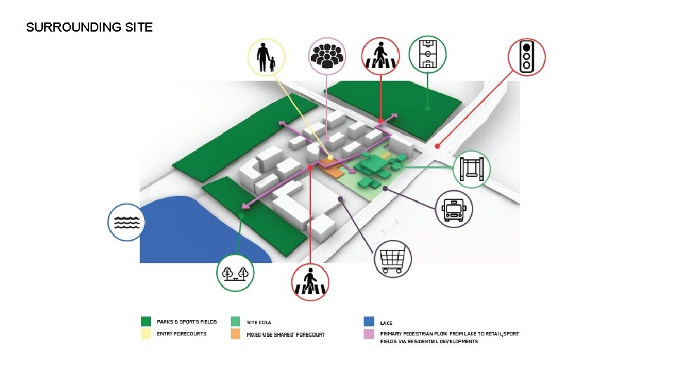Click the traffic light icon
pyautogui.click(x=526, y=57)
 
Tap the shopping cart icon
pyautogui.click(x=392, y=259)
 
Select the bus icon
pyautogui.click(x=454, y=209)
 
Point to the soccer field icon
pyautogui.click(x=428, y=54)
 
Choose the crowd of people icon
pyautogui.click(x=327, y=56)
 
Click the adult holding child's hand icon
pyautogui.click(x=265, y=58)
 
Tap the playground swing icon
pyautogui.click(x=472, y=169)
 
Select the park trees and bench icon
pyautogui.click(x=235, y=274)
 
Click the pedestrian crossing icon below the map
pyautogui.click(x=310, y=282)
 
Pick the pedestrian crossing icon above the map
pyautogui.click(x=380, y=55)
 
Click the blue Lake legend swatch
pyautogui.click(x=369, y=321)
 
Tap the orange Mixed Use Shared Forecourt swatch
pyautogui.click(x=236, y=334)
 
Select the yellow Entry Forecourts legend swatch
pyautogui.click(x=146, y=334)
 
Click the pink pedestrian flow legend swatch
pyautogui.click(x=369, y=334)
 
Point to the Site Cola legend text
pyautogui.click(x=259, y=322)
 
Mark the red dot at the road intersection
pyautogui.click(x=437, y=147)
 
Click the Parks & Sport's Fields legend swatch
pyautogui.click(x=146, y=321)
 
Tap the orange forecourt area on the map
pyautogui.click(x=331, y=168)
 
